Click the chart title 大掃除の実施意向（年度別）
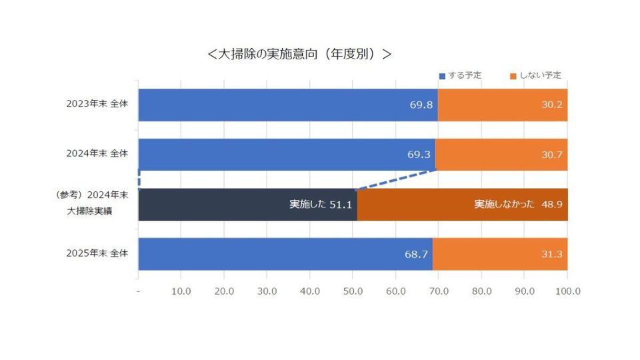tap(299, 54)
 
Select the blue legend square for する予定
tap(441, 76)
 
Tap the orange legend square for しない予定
tap(513, 76)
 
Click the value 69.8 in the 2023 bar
tap(421, 105)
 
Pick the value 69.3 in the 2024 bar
tap(419, 155)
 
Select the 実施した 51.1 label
tap(321, 205)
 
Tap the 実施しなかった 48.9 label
tap(518, 205)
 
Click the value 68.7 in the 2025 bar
tap(416, 254)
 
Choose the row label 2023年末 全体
tap(97, 104)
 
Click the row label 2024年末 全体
tap(97, 153)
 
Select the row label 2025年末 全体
tap(97, 253)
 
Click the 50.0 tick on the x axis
tap(353, 291)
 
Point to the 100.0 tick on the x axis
tap(567, 291)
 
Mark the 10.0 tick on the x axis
tap(181, 291)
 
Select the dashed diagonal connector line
tap(396, 180)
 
